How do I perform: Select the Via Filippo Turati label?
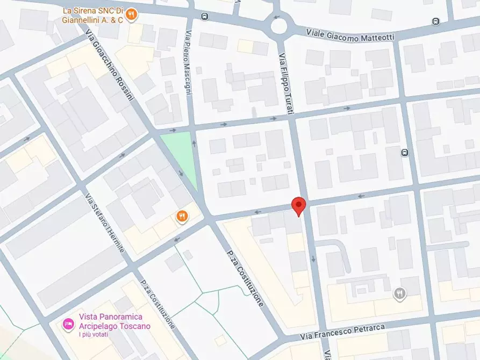pyautogui.click(x=285, y=83)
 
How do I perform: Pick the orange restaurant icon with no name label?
pyautogui.click(x=182, y=217)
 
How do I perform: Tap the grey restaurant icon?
pyautogui.click(x=399, y=293)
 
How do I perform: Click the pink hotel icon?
pyautogui.click(x=68, y=323)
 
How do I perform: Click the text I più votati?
pyautogui.click(x=94, y=335)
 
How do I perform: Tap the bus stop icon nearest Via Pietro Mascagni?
pyautogui.click(x=204, y=16)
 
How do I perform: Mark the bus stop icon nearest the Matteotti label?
pyautogui.click(x=435, y=21)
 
